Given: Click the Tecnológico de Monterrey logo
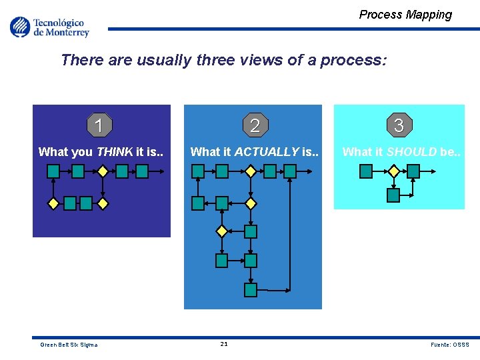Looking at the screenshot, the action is coord(49,27).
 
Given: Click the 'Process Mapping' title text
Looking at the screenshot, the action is coord(405,15).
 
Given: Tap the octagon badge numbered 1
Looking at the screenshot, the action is coord(99,125).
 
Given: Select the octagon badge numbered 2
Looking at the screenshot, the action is coord(254,125).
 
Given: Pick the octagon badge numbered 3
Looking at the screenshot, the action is coord(399,125).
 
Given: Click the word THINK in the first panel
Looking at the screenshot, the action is coord(115,152).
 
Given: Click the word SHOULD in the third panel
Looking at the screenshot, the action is coord(411,152).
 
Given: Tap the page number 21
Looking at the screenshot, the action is coord(224,344).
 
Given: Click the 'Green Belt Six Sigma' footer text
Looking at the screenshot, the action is coord(69,345).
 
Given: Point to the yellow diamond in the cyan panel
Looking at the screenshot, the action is coord(393,171).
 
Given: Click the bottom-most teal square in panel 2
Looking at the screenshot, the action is coord(250,290).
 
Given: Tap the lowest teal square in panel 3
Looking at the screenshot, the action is coord(393,195).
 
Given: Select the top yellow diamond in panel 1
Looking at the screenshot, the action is coord(102,171).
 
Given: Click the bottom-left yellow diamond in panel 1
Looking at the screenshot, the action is coord(53,204).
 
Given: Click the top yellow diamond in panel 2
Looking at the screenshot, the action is coord(250,171).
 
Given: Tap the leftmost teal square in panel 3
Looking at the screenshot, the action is coord(366,171).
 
